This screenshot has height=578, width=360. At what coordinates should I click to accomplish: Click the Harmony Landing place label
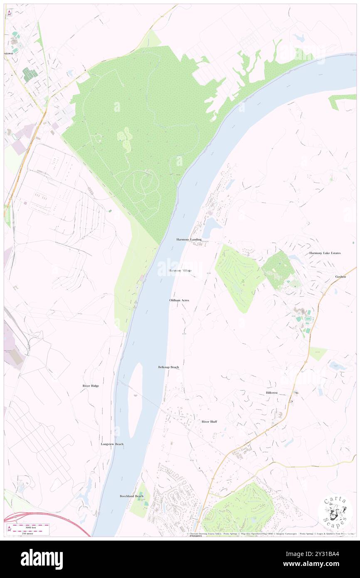pyautogui.click(x=189, y=240)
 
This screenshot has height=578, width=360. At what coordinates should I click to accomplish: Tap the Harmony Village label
pyautogui.click(x=180, y=271)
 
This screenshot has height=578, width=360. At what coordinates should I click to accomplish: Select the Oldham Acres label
pyautogui.click(x=179, y=300)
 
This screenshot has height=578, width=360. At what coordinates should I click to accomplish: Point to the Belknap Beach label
pyautogui.click(x=168, y=367)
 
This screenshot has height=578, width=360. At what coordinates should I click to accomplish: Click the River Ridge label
pyautogui.click(x=91, y=386)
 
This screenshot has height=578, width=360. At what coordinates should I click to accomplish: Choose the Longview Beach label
pyautogui.click(x=112, y=444)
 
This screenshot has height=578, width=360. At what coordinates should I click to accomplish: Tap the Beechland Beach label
pyautogui.click(x=131, y=496)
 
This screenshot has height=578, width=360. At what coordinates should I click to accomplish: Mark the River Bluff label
pyautogui.click(x=209, y=422)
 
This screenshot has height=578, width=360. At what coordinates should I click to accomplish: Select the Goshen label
pyautogui.click(x=340, y=277)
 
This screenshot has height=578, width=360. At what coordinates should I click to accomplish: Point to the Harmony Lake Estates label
pyautogui.click(x=325, y=253)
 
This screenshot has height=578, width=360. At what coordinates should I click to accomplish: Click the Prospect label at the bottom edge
pyautogui.click(x=195, y=536)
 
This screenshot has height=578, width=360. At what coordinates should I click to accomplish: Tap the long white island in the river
pyautogui.click(x=135, y=399)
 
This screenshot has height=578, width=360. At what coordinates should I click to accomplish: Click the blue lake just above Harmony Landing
pyautogui.click(x=211, y=227)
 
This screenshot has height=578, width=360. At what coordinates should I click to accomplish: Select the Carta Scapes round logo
pyautogui.click(x=335, y=512)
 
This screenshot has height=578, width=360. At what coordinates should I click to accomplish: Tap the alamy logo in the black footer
pyautogui.click(x=42, y=559)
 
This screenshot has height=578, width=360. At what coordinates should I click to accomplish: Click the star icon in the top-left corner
pyautogui.click(x=9, y=12)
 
